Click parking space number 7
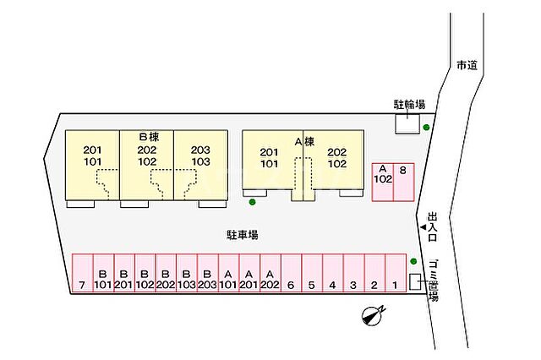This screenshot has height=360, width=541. coord(83,273)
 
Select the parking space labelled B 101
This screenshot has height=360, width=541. coord(103,273)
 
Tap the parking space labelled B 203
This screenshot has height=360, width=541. coord(208,273)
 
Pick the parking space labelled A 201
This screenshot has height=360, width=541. coord(249,273)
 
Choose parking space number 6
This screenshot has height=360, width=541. coord(291,273)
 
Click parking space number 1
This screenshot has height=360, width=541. coord(396,273)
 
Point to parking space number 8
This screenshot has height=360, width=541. coord(404,183)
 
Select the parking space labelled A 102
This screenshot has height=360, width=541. coord(383,183)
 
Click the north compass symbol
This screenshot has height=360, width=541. coord(373,315)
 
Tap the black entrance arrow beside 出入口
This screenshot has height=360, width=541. coord(423,226)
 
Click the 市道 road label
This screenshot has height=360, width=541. coord(467,65)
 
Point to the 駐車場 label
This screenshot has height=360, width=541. coord(243,235)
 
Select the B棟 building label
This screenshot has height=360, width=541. coord(149,137)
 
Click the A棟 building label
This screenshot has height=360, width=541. coord(304,141)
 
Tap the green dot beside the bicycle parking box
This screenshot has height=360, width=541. coord(426,128)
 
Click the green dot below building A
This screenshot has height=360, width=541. coord(252,202)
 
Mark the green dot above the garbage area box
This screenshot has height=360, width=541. coord(413,261)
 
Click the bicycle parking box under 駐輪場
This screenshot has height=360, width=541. coord(407,124)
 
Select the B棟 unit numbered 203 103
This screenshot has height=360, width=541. coord(201,165)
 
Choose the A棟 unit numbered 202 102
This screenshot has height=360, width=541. coord(334,160)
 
